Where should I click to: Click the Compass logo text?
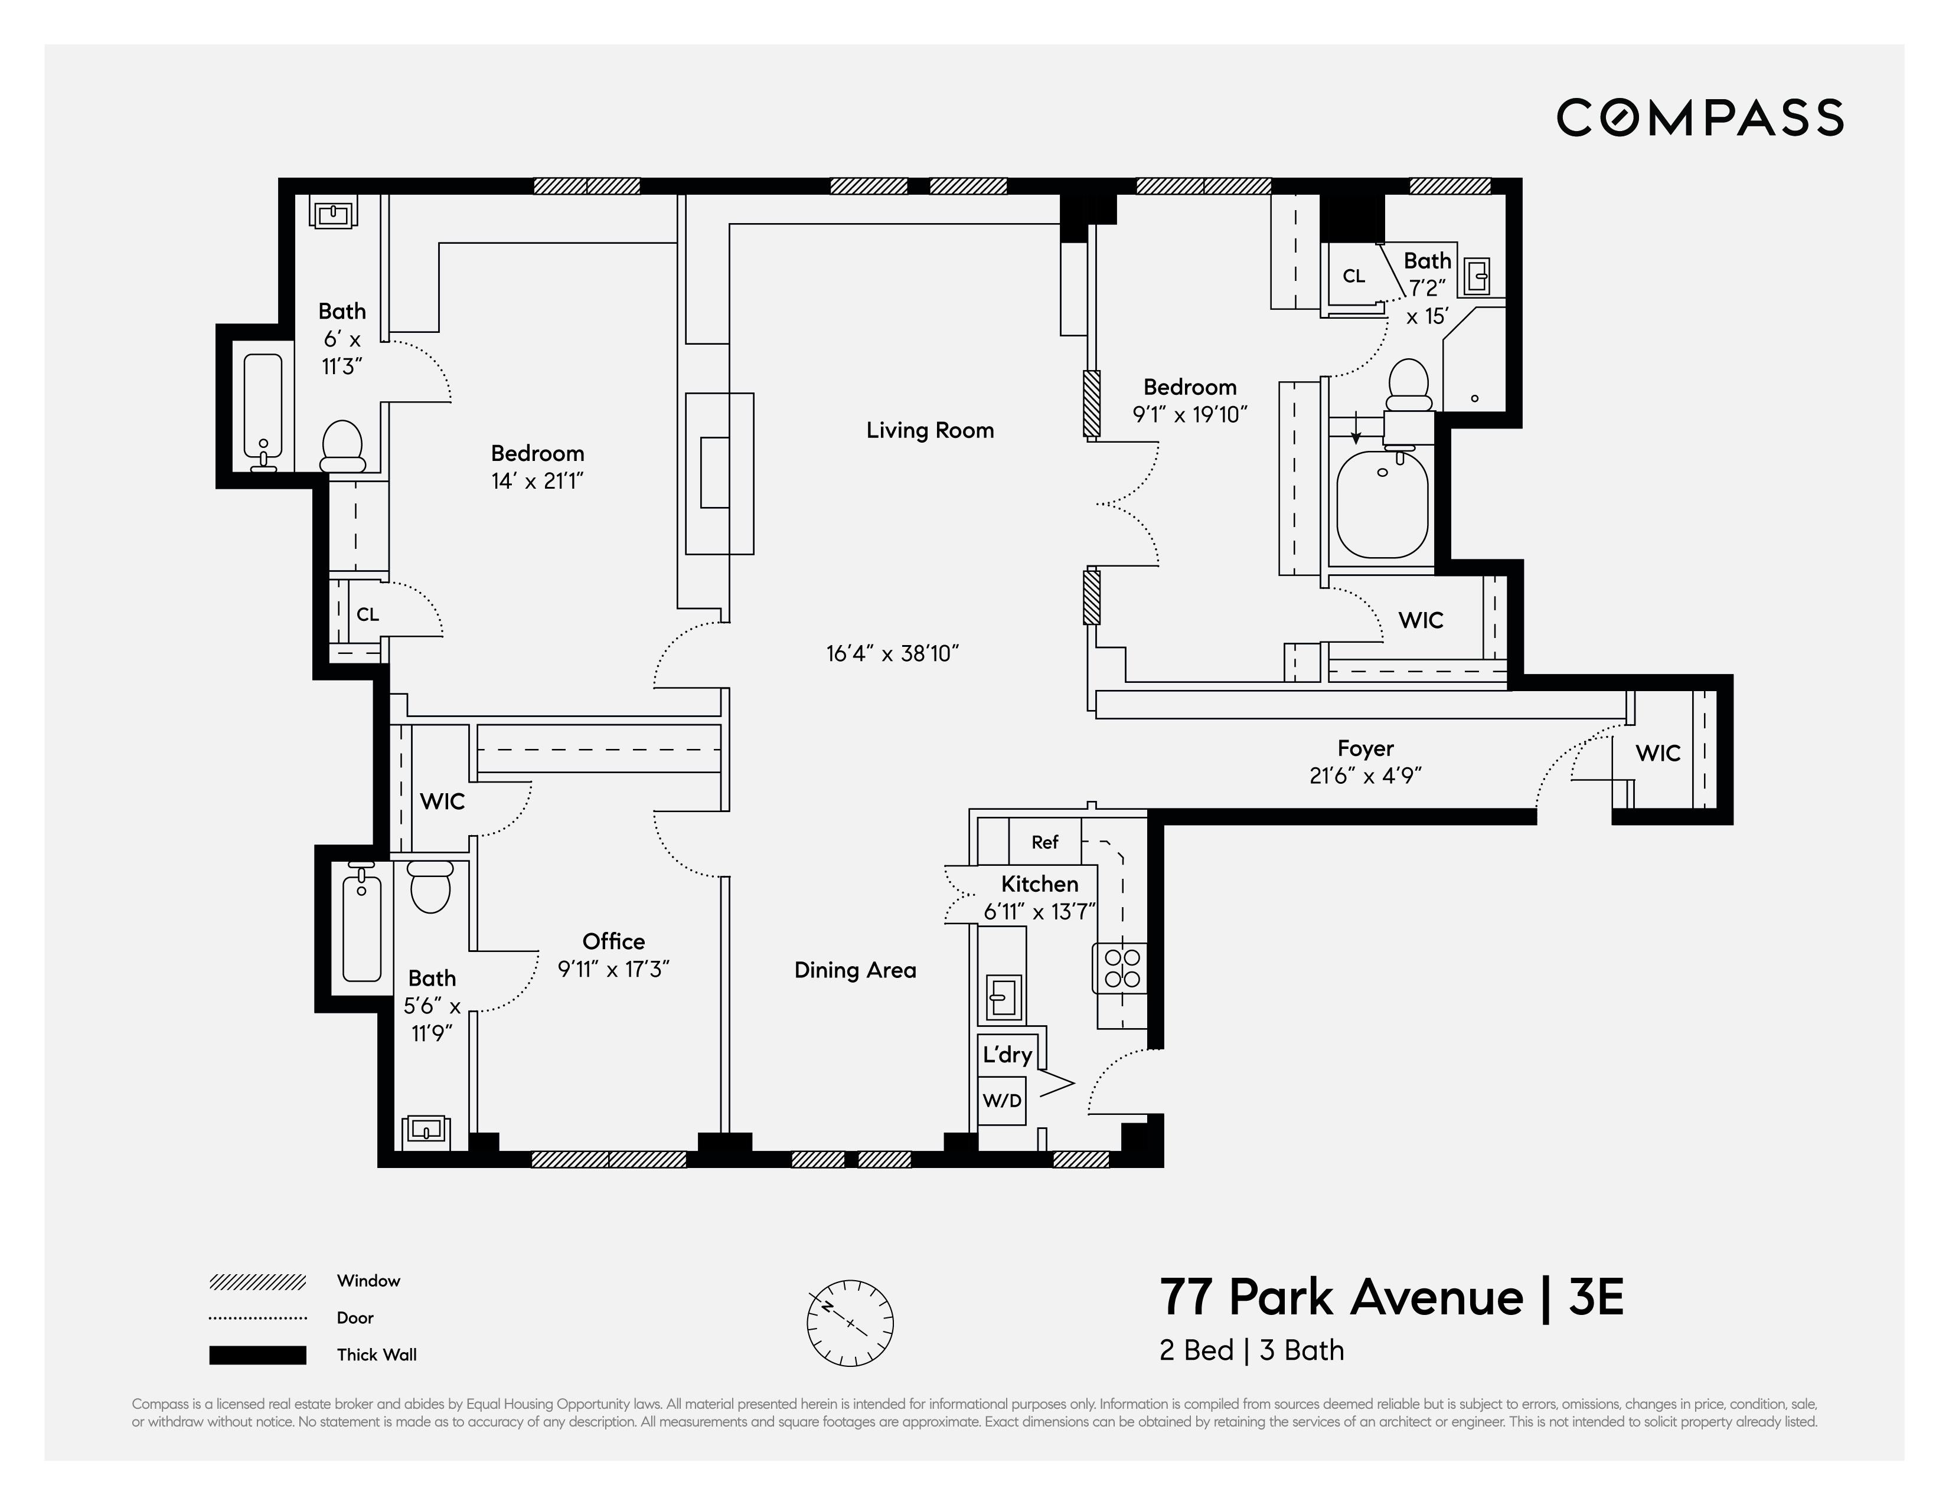click(1699, 118)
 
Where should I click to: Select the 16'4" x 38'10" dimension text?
click(892, 654)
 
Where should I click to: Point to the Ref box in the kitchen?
click(1044, 842)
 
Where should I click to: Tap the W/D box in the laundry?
click(1001, 1101)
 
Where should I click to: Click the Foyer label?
click(1364, 748)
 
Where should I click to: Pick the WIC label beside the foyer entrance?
click(1657, 754)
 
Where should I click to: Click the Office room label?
click(613, 941)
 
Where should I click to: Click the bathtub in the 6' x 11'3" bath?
click(262, 406)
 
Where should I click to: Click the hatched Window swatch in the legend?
click(257, 1282)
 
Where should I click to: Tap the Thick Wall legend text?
click(376, 1354)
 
